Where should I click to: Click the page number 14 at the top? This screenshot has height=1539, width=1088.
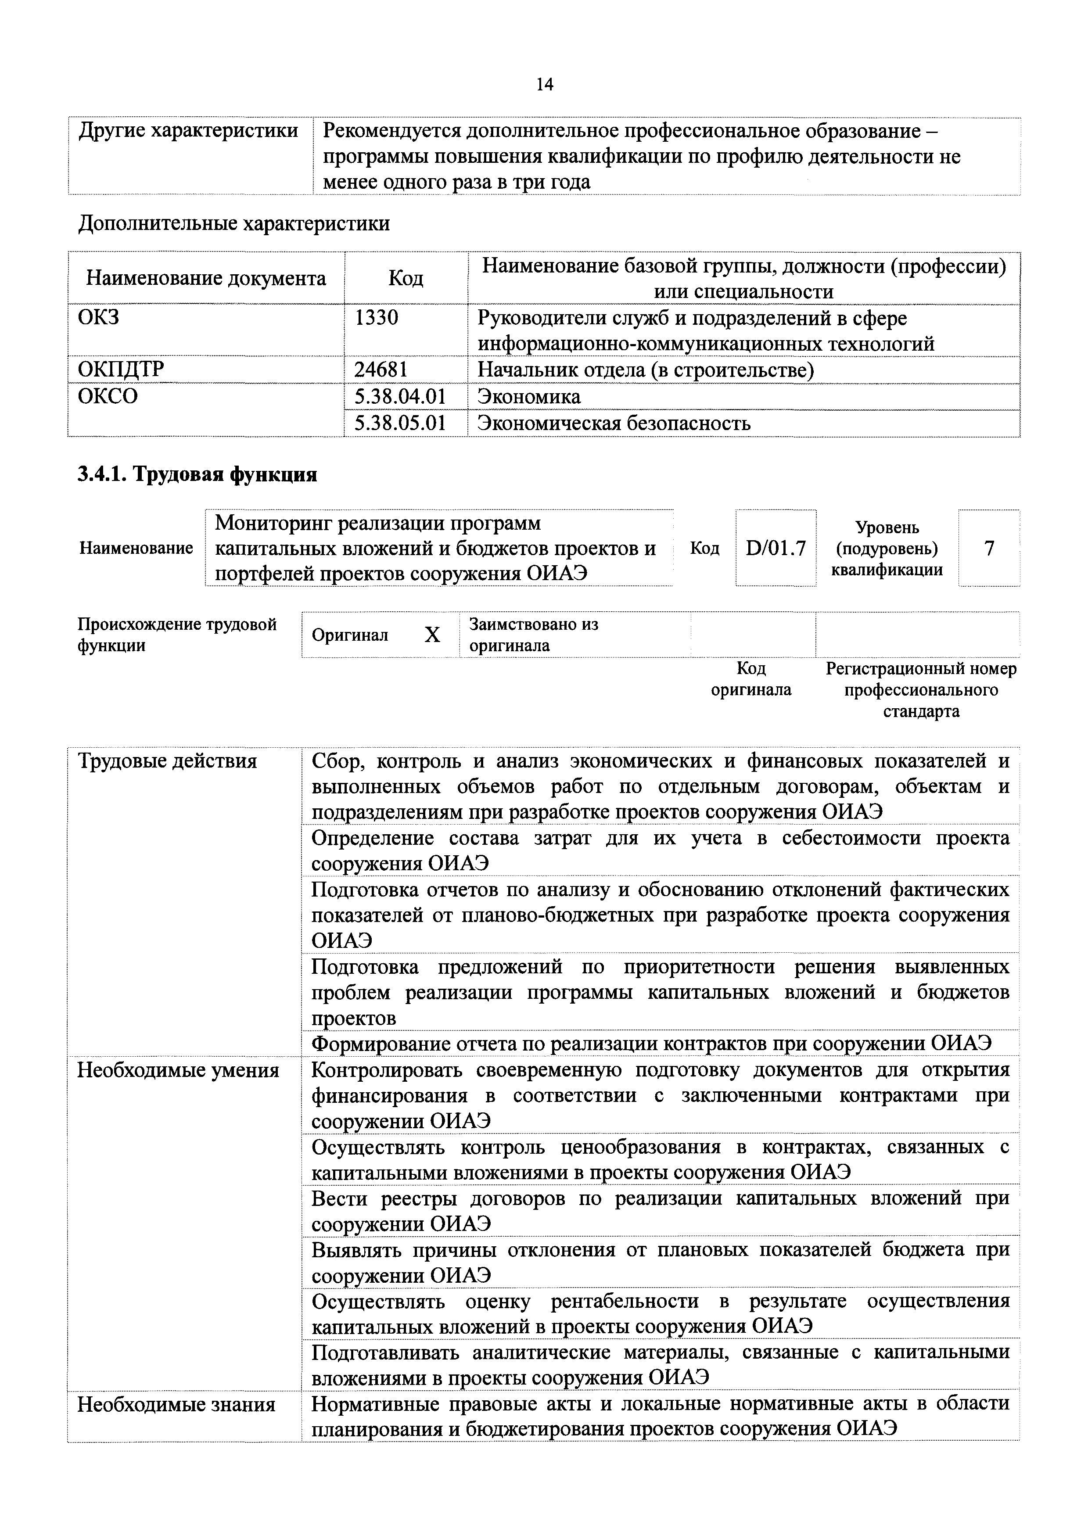click(544, 84)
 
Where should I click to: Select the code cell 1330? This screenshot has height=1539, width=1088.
click(376, 317)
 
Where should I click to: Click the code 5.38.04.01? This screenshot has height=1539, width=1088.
click(400, 396)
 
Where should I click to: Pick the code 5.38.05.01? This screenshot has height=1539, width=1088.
click(400, 423)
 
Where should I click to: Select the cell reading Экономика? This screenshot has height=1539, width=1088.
click(529, 396)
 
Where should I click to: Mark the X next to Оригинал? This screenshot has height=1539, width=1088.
click(432, 635)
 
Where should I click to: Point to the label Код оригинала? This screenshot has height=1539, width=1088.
click(751, 678)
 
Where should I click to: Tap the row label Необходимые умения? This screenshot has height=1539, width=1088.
click(178, 1070)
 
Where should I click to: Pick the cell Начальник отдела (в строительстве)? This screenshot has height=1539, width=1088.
click(646, 370)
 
